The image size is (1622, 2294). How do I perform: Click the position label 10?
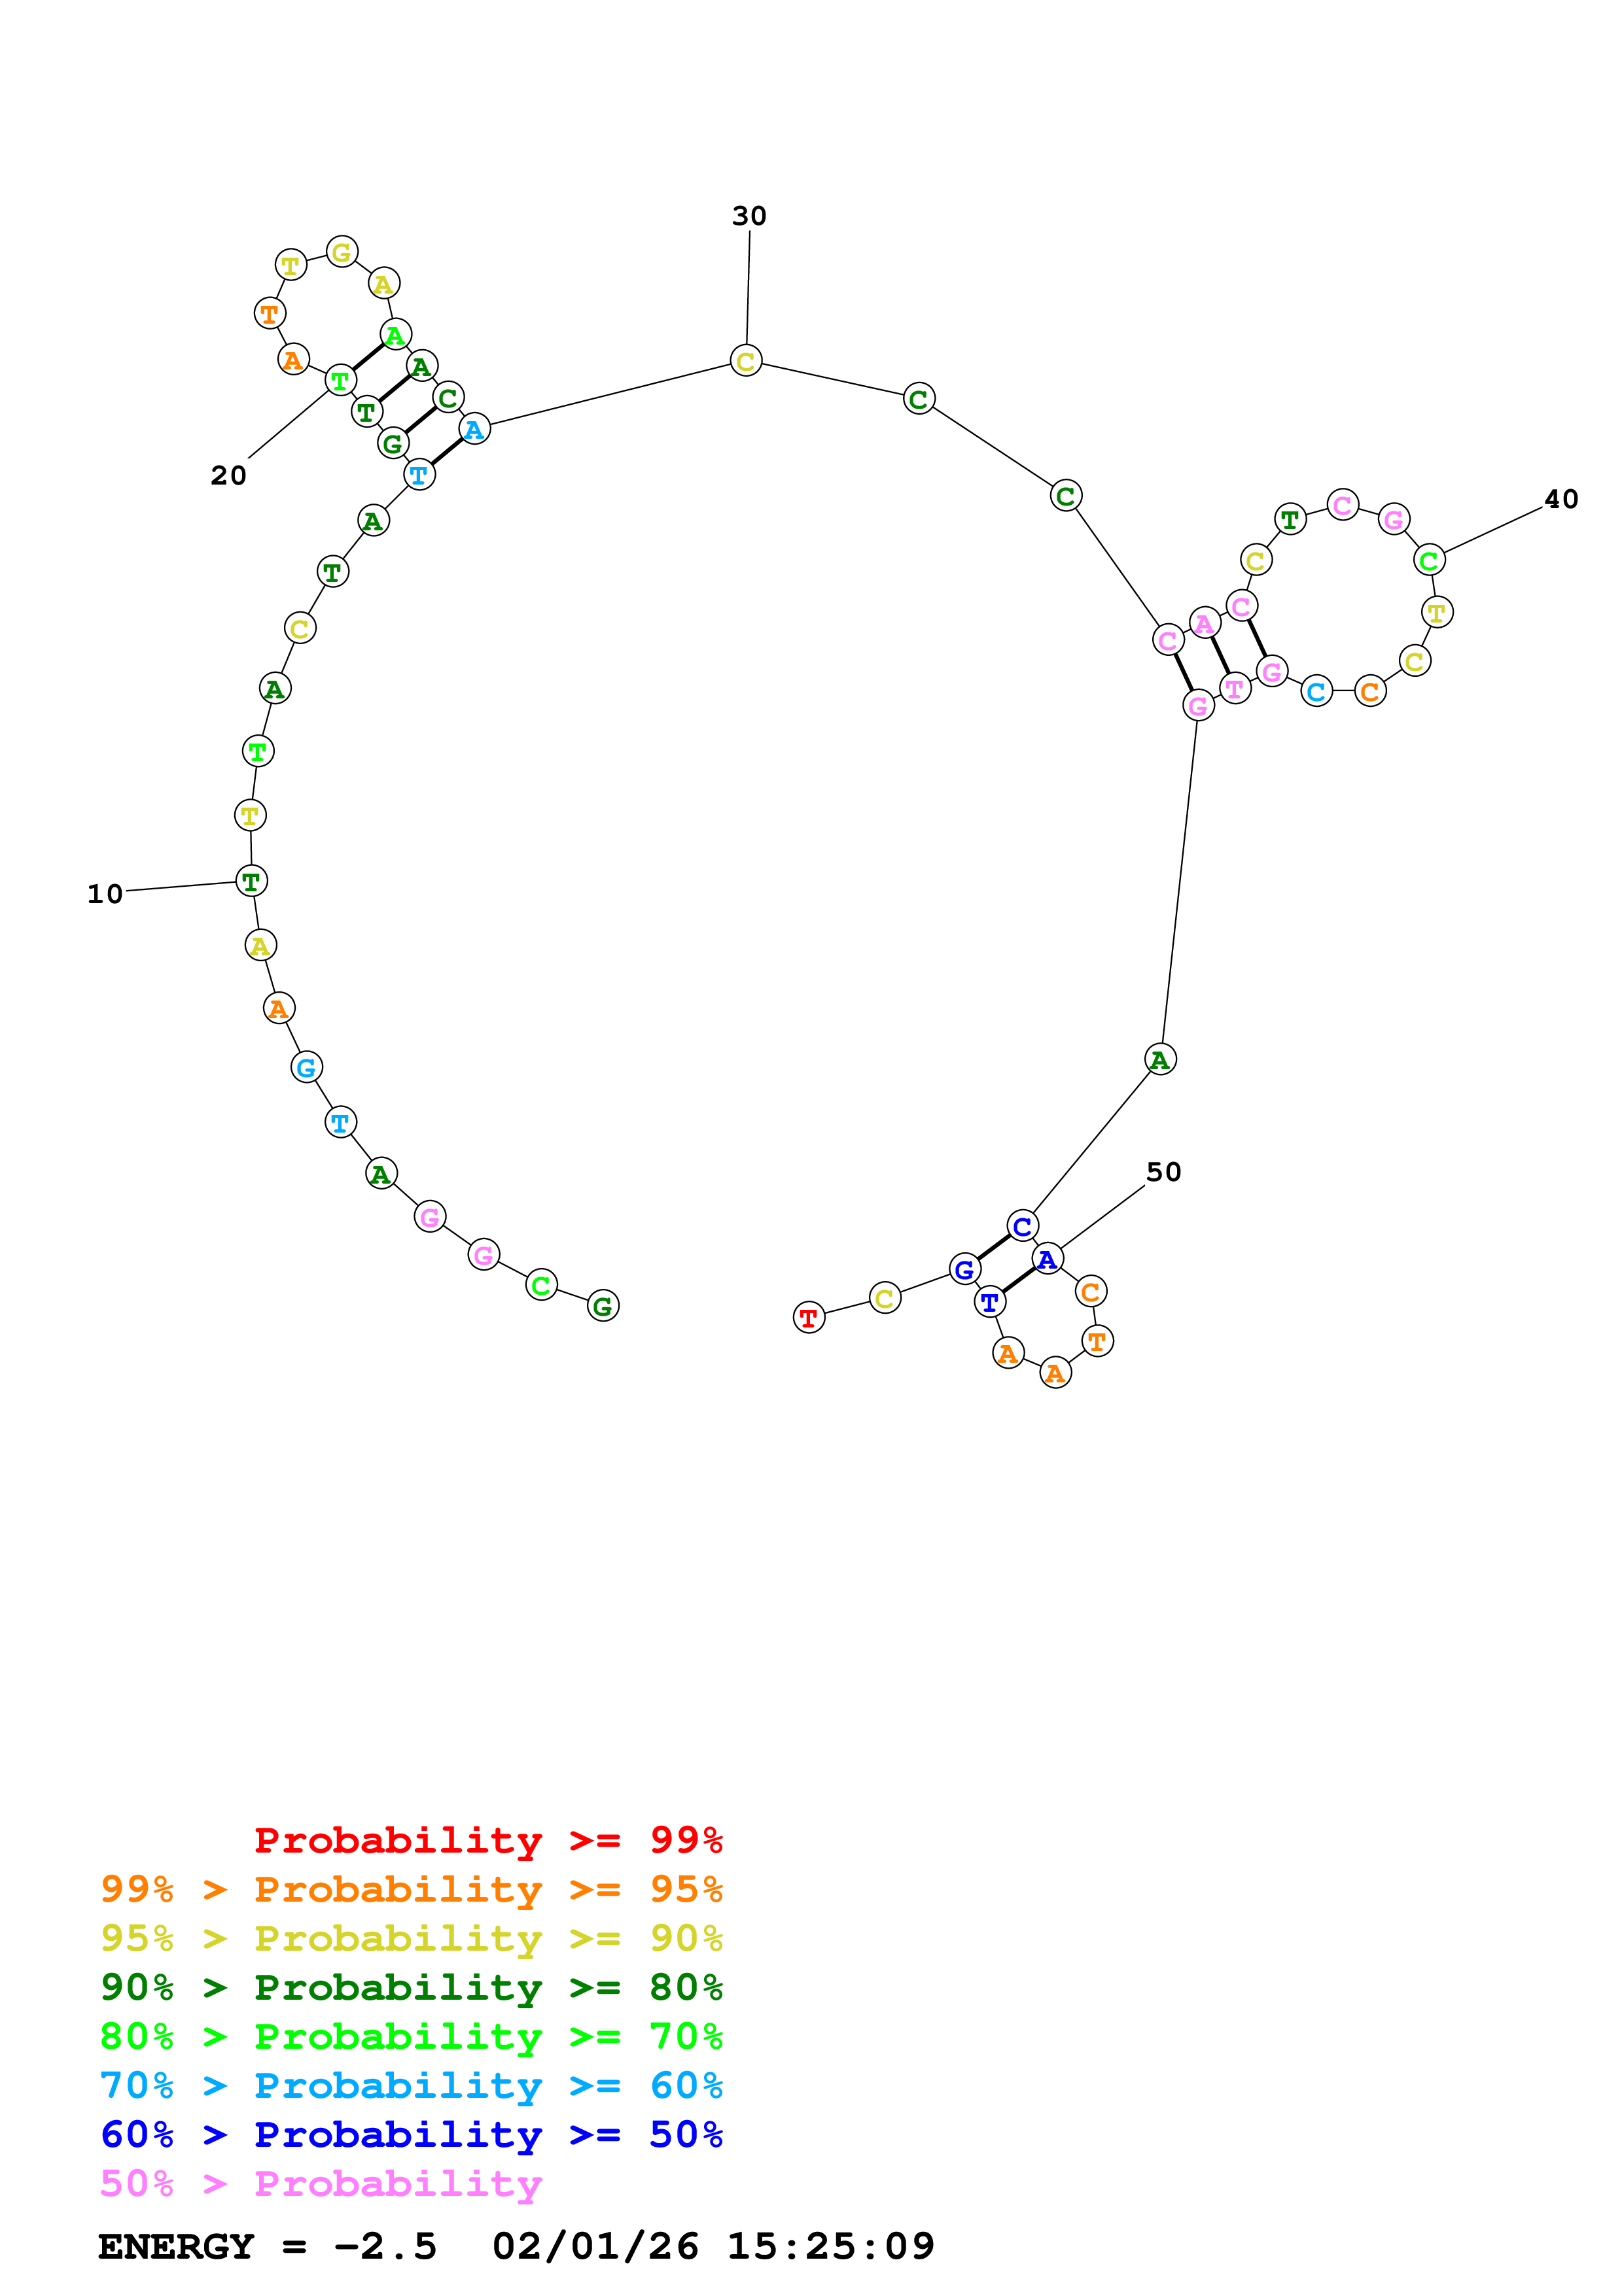[x=105, y=894]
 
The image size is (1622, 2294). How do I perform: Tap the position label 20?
[x=228, y=475]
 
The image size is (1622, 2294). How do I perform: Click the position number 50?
[x=1163, y=1172]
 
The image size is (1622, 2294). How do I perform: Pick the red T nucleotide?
[x=809, y=1318]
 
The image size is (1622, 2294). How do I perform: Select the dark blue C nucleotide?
[x=1021, y=1226]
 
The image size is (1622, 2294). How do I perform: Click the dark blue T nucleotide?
[x=989, y=1303]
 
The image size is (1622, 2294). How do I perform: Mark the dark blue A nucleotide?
[x=1046, y=1260]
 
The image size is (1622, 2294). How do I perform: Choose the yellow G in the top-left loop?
[x=342, y=253]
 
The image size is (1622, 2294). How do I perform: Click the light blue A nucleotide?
[x=474, y=430]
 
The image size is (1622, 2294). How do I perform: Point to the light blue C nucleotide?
[x=1316, y=691]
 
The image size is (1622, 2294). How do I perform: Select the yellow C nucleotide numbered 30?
[x=745, y=362]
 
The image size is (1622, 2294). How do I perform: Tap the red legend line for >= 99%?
[x=487, y=1840]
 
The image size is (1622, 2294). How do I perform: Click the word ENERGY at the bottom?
[x=176, y=2247]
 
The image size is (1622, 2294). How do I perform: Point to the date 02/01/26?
[x=595, y=2247]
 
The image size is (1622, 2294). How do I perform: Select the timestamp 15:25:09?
[x=830, y=2247]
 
